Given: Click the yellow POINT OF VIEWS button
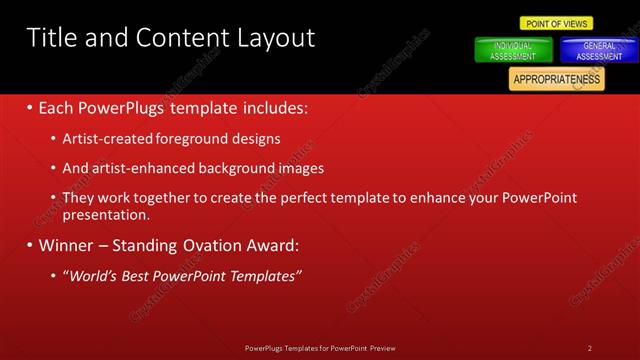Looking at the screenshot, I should tap(557, 23).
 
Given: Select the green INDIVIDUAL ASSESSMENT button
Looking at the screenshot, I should tap(512, 51).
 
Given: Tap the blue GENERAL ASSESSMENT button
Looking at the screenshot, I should tap(598, 51).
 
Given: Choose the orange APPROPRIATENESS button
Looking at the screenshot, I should tap(556, 79).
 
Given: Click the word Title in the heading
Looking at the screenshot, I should tap(49, 38).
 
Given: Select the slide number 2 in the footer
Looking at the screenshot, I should tap(590, 348).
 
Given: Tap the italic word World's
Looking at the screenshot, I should tap(94, 275).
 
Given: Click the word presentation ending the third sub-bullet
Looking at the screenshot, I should tap(105, 214).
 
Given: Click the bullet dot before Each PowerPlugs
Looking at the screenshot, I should tap(30, 107).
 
